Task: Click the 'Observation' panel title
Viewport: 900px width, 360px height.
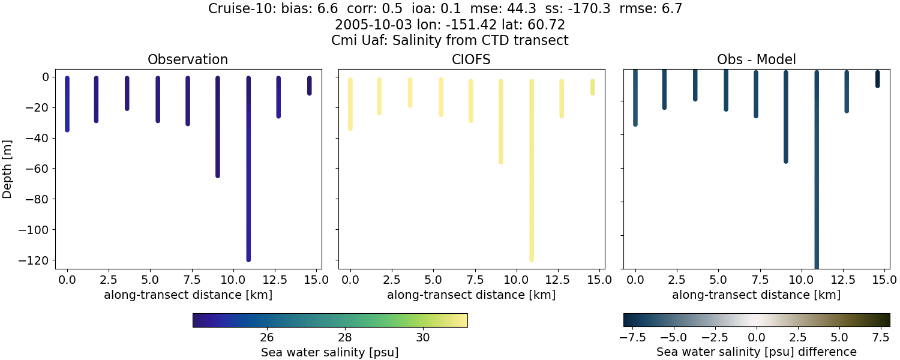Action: coord(188,59)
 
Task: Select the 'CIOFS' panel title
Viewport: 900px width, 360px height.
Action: coord(472,59)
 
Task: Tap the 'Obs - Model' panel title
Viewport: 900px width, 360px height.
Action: coord(756,59)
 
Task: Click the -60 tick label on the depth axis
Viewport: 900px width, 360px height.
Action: coord(39,169)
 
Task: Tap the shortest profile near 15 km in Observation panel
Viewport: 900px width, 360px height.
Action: coord(310,85)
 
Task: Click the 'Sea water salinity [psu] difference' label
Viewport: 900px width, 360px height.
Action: coord(756,352)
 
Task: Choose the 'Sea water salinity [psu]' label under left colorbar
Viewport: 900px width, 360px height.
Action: coord(329,352)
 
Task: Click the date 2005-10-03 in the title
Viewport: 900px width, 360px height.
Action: coord(368,25)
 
